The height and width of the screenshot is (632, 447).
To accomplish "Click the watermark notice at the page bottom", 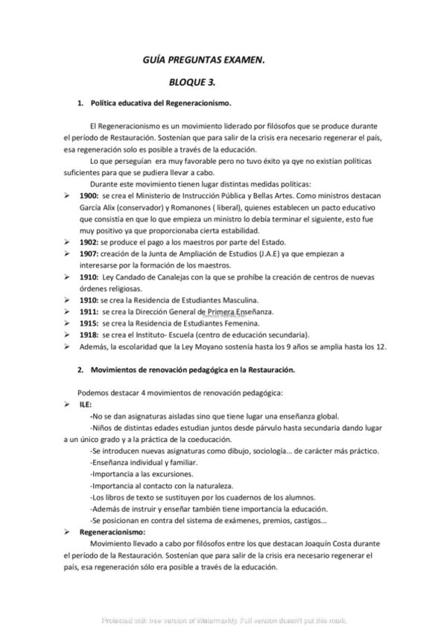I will [x=223, y=620].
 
